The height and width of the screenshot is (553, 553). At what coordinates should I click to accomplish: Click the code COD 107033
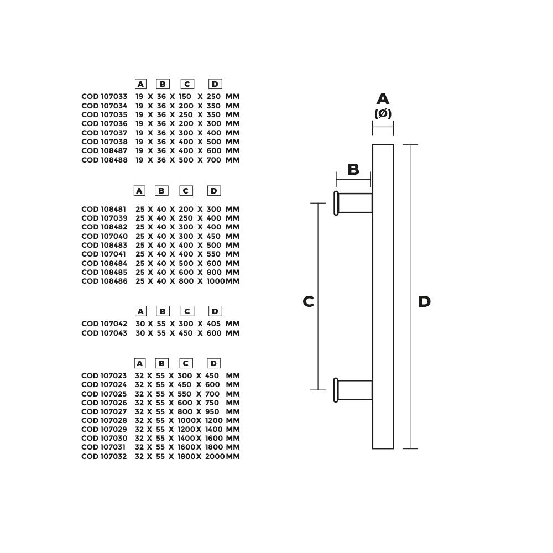tap(105, 97)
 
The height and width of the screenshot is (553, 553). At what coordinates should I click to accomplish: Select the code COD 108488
tap(105, 160)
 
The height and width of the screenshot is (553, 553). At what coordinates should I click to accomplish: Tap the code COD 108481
tap(104, 209)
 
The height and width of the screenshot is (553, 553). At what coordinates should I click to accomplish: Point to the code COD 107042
tap(105, 324)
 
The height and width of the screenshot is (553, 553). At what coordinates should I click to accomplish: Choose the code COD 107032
tap(104, 456)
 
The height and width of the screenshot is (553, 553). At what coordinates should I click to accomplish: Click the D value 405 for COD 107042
tap(213, 324)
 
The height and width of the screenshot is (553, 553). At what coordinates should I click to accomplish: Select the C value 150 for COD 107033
tap(185, 97)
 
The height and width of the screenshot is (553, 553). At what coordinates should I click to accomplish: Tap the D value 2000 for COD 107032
tap(215, 456)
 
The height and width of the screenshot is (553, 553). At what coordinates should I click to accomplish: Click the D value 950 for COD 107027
tap(212, 411)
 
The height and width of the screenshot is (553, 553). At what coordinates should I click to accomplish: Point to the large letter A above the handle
tap(383, 99)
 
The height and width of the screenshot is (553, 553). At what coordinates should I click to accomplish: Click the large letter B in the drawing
tap(353, 169)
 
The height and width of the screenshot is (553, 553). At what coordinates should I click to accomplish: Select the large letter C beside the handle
tap(309, 301)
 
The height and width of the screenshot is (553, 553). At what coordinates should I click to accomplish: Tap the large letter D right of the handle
tap(424, 301)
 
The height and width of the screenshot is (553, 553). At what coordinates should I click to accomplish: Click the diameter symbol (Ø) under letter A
tap(383, 113)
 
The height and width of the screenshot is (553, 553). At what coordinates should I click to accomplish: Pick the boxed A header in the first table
tap(140, 84)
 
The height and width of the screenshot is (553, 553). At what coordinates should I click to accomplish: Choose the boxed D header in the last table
tap(213, 363)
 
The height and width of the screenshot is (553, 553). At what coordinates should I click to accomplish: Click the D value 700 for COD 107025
tap(212, 394)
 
